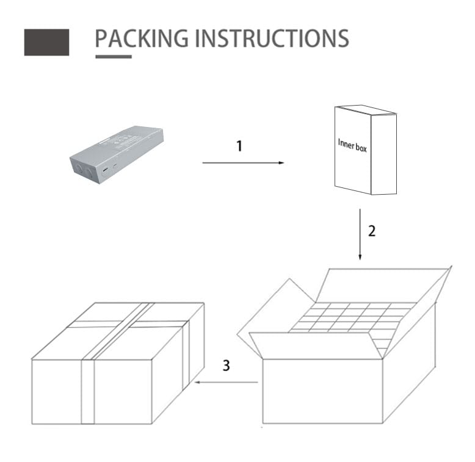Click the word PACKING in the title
142,38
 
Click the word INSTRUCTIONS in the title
272,38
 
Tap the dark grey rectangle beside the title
46,42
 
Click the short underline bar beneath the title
114,57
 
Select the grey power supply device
117,154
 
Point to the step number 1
239,146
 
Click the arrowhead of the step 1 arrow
281,163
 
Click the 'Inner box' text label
352,146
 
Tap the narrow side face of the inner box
384,154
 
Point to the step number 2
372,231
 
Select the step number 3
227,366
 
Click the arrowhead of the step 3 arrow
198,383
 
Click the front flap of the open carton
315,346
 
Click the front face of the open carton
322,391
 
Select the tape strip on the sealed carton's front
88,392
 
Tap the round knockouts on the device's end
84,170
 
